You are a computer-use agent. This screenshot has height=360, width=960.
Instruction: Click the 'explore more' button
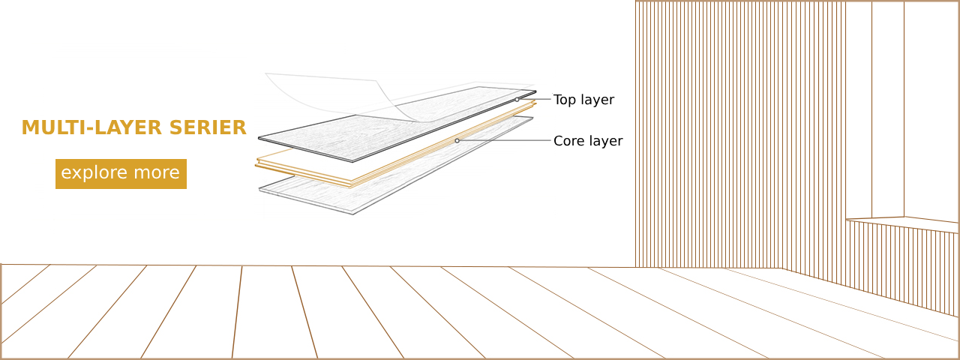(x=121, y=173)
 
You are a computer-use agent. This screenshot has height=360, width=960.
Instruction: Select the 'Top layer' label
(x=583, y=100)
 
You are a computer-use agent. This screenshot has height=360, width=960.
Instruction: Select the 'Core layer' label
(x=588, y=141)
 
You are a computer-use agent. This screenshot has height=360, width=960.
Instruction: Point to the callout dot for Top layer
(x=517, y=100)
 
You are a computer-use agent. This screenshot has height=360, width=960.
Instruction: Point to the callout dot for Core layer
(x=457, y=140)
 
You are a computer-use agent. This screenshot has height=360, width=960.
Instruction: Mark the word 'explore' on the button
(x=93, y=173)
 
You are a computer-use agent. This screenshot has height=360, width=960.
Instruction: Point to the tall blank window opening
(x=887, y=112)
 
